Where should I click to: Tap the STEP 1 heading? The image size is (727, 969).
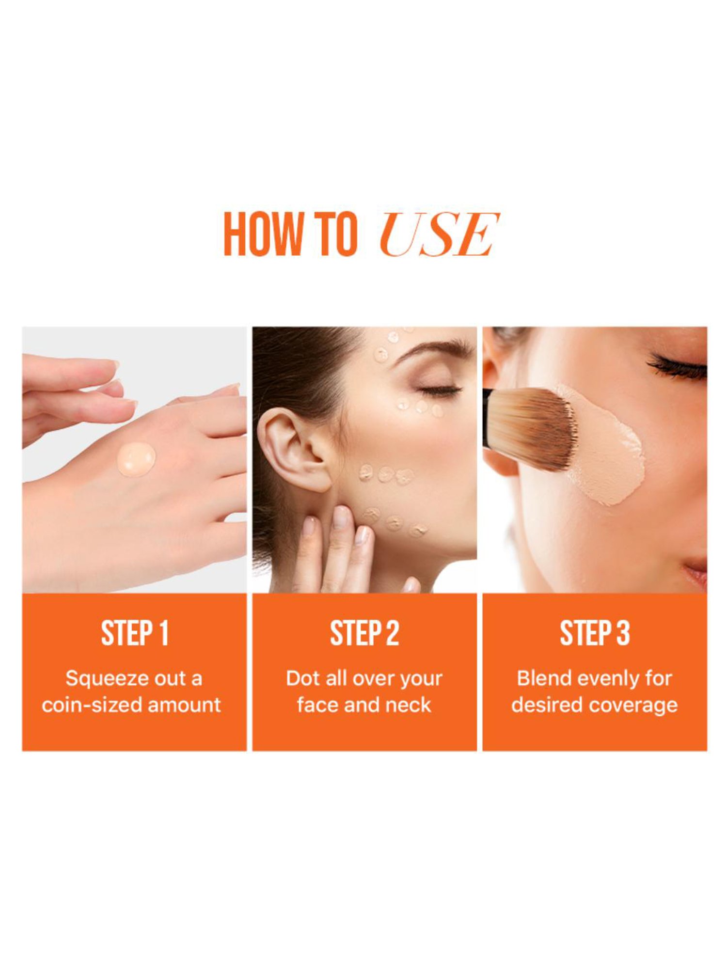coord(134,633)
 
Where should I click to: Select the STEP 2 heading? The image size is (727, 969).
coord(364,633)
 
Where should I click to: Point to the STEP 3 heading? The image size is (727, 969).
coord(595,633)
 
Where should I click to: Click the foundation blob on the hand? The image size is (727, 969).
coord(136,458)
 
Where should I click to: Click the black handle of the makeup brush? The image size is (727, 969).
coord(487,417)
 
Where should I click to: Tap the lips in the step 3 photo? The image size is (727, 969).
coord(697,572)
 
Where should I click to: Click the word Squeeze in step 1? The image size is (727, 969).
coord(101,679)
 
